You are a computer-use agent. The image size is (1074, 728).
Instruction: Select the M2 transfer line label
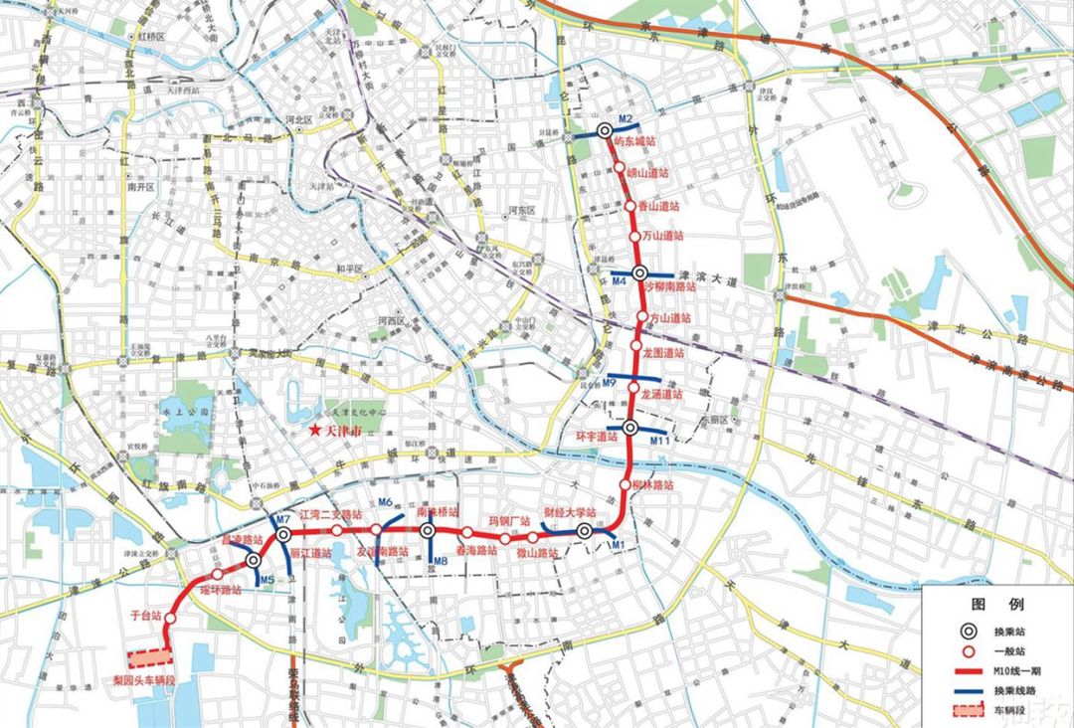(x=626, y=120)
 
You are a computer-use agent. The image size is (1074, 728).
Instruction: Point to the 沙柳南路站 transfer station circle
(x=640, y=273)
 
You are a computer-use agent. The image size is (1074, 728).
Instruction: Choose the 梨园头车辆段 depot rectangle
(x=149, y=658)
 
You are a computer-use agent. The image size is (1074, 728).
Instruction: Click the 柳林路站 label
(x=652, y=485)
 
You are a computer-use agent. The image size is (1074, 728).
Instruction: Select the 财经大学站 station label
(x=569, y=513)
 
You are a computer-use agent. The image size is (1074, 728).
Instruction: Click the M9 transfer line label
(x=612, y=384)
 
